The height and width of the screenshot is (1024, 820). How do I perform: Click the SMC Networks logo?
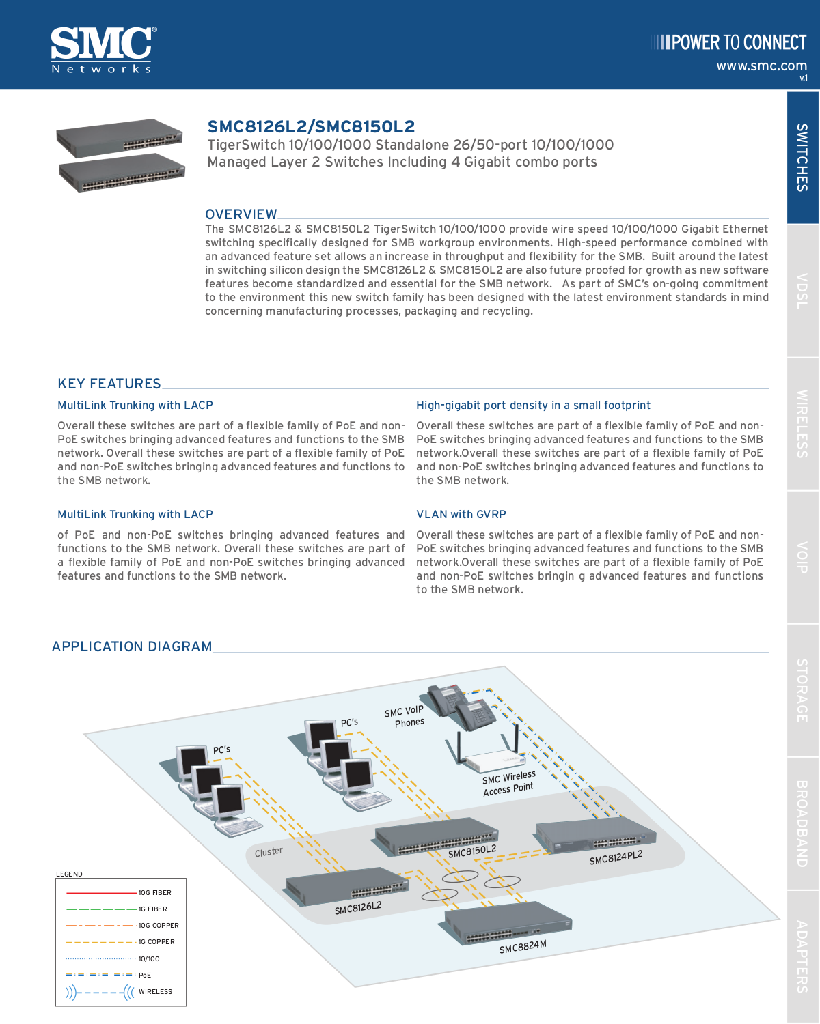(x=102, y=49)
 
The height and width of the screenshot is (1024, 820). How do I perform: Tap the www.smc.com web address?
(x=761, y=66)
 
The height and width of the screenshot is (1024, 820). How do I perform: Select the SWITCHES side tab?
(x=802, y=158)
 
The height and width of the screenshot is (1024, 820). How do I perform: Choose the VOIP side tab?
(x=802, y=557)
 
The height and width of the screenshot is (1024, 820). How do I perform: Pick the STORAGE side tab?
(x=802, y=690)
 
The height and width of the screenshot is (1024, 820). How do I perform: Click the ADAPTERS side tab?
(x=802, y=956)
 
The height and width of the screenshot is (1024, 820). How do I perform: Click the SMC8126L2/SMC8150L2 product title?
(x=311, y=126)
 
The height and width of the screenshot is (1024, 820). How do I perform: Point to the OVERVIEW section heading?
(x=241, y=214)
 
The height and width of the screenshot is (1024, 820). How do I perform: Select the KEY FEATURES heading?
(x=109, y=384)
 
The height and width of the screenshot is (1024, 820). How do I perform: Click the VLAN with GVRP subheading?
(x=461, y=514)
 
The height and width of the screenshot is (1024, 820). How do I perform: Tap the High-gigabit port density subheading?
(x=533, y=405)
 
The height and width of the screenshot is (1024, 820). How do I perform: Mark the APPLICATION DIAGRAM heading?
(x=132, y=646)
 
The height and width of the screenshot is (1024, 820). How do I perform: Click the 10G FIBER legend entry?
(x=154, y=892)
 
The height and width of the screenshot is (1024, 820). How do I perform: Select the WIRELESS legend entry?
(x=155, y=991)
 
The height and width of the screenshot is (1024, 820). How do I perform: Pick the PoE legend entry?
(x=145, y=975)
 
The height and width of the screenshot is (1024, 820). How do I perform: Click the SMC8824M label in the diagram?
(x=523, y=946)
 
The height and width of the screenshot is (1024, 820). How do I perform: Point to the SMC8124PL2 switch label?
(x=616, y=857)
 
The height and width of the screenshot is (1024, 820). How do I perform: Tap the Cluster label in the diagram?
(x=269, y=852)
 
